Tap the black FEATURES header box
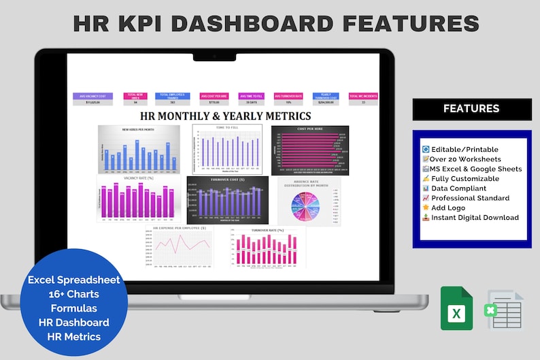pos(471,109)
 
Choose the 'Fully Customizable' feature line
pos(465,178)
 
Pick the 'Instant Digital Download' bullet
pos(474,218)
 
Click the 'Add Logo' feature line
pos(450,208)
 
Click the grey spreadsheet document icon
pos(505,310)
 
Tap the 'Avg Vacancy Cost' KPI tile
pos(92,99)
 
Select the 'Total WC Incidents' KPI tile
pos(363,99)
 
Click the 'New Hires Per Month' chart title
pos(139,129)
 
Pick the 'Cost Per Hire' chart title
pos(309,129)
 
